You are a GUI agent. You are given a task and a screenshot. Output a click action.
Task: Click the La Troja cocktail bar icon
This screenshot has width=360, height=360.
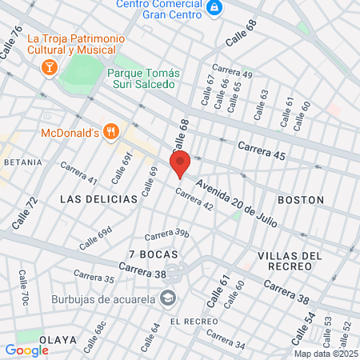click(x=49, y=67)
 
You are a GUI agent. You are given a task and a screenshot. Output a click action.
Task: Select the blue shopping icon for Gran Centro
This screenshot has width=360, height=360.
click(x=214, y=8)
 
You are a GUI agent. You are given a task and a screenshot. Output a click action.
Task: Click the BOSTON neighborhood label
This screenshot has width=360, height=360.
click(x=300, y=199)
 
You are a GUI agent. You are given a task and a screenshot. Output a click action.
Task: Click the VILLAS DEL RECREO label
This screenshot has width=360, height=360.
click(x=290, y=262)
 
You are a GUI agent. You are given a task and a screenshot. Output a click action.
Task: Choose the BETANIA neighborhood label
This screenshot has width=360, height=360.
click(x=22, y=162)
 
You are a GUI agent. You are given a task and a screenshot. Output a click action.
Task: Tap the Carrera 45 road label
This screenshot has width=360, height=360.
click(x=261, y=150)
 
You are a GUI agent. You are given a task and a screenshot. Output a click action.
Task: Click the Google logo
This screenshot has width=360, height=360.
click(x=27, y=350)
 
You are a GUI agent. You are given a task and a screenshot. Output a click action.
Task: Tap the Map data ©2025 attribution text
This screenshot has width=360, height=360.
click(x=325, y=354)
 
